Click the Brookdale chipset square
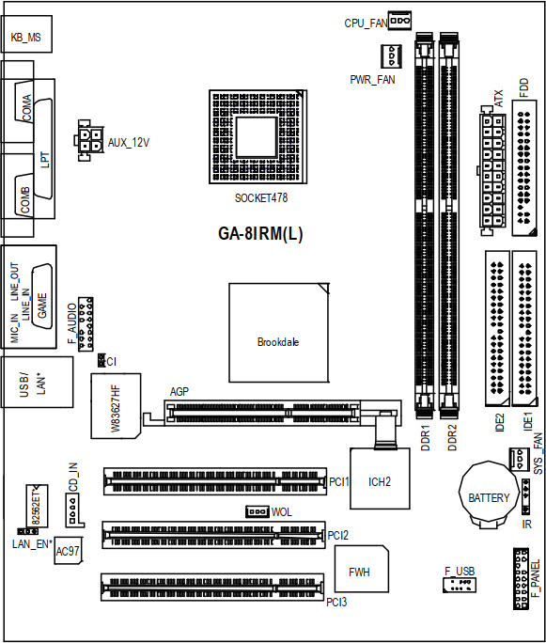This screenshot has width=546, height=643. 279,333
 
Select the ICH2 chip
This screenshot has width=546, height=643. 380,478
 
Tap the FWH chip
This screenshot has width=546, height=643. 362,569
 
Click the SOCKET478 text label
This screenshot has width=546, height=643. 261,198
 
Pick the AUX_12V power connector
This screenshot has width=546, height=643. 88,140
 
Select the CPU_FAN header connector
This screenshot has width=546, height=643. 399,21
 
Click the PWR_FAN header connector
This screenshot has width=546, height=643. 392,55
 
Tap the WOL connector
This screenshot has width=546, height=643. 257,511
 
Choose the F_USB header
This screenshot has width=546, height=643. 460,585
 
